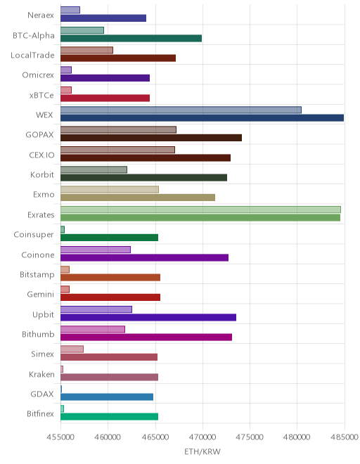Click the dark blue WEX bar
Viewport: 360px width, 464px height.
click(x=202, y=118)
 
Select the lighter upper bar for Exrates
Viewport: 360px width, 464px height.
click(x=200, y=210)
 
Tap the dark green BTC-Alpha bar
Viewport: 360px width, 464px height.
click(x=131, y=38)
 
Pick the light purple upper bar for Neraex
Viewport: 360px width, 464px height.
click(x=70, y=10)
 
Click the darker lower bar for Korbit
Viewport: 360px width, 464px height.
click(x=144, y=178)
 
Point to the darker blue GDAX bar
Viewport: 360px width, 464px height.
click(x=107, y=397)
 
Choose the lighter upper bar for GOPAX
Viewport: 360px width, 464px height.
click(x=118, y=129)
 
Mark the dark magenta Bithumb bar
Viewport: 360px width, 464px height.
click(x=146, y=337)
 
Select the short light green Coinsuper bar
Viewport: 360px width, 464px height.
click(x=63, y=230)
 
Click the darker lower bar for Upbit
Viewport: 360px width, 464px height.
click(x=148, y=318)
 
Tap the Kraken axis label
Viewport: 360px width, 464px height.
click(x=41, y=374)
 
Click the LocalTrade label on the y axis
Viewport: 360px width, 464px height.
click(x=32, y=56)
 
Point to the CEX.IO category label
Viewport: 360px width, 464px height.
click(x=41, y=155)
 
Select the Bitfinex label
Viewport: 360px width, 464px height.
click(x=41, y=413)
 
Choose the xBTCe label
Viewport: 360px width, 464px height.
click(x=41, y=96)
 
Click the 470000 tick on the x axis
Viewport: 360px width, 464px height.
click(x=202, y=437)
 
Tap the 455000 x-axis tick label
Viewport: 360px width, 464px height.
click(x=60, y=437)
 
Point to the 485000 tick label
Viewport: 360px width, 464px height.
click(x=345, y=437)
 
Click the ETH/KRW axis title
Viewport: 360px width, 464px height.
click(x=202, y=451)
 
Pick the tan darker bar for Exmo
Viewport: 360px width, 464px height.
click(x=138, y=198)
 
